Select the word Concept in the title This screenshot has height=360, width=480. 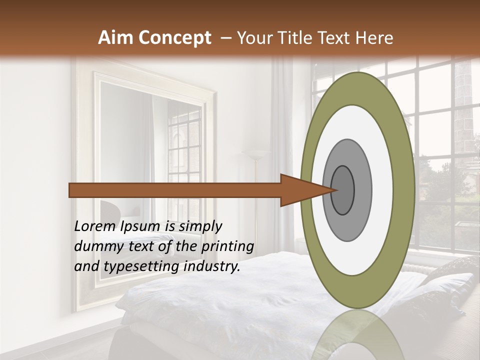(175, 38)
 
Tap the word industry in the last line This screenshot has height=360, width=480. (211, 266)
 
